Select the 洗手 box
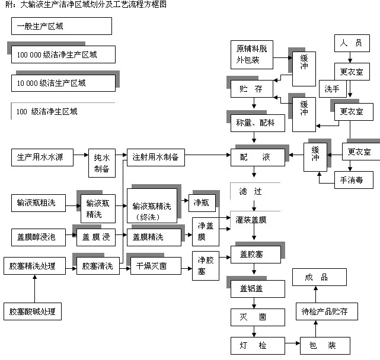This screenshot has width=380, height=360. (332, 89)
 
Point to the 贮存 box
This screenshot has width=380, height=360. (251, 89)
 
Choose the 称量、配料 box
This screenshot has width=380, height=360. (257, 123)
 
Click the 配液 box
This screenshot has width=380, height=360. (257, 157)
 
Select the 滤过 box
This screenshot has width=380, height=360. (255, 191)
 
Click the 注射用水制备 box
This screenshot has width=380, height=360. (155, 157)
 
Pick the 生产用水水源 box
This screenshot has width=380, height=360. (41, 157)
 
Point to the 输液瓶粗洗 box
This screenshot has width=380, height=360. (37, 202)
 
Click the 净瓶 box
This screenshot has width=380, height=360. (201, 202)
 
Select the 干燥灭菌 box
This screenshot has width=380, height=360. (151, 266)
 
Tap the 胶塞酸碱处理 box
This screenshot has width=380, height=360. (33, 311)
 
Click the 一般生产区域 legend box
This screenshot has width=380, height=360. (61, 26)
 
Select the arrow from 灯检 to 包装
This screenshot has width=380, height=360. (289, 344)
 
